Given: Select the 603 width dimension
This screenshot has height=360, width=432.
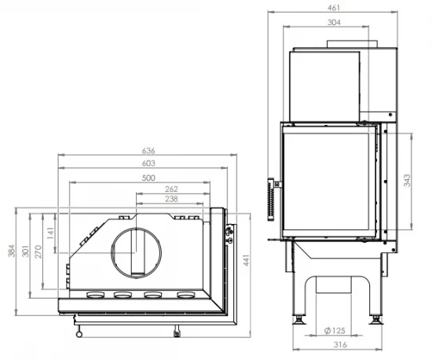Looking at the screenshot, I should [x=149, y=163].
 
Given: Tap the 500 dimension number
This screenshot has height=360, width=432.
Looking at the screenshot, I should [x=149, y=177].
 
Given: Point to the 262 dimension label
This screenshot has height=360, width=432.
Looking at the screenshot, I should [x=172, y=189].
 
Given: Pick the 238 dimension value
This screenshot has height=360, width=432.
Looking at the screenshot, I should [x=172, y=200].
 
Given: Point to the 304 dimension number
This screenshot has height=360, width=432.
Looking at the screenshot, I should [x=333, y=22].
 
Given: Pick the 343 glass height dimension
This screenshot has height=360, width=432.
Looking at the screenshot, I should [x=407, y=180].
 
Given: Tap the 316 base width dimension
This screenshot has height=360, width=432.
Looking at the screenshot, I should [x=335, y=343].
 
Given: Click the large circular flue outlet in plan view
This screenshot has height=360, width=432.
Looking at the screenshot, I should [x=138, y=252].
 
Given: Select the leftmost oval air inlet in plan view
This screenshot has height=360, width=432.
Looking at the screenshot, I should [x=95, y=296].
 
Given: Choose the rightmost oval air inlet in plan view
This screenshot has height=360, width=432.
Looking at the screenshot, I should [x=185, y=296].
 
